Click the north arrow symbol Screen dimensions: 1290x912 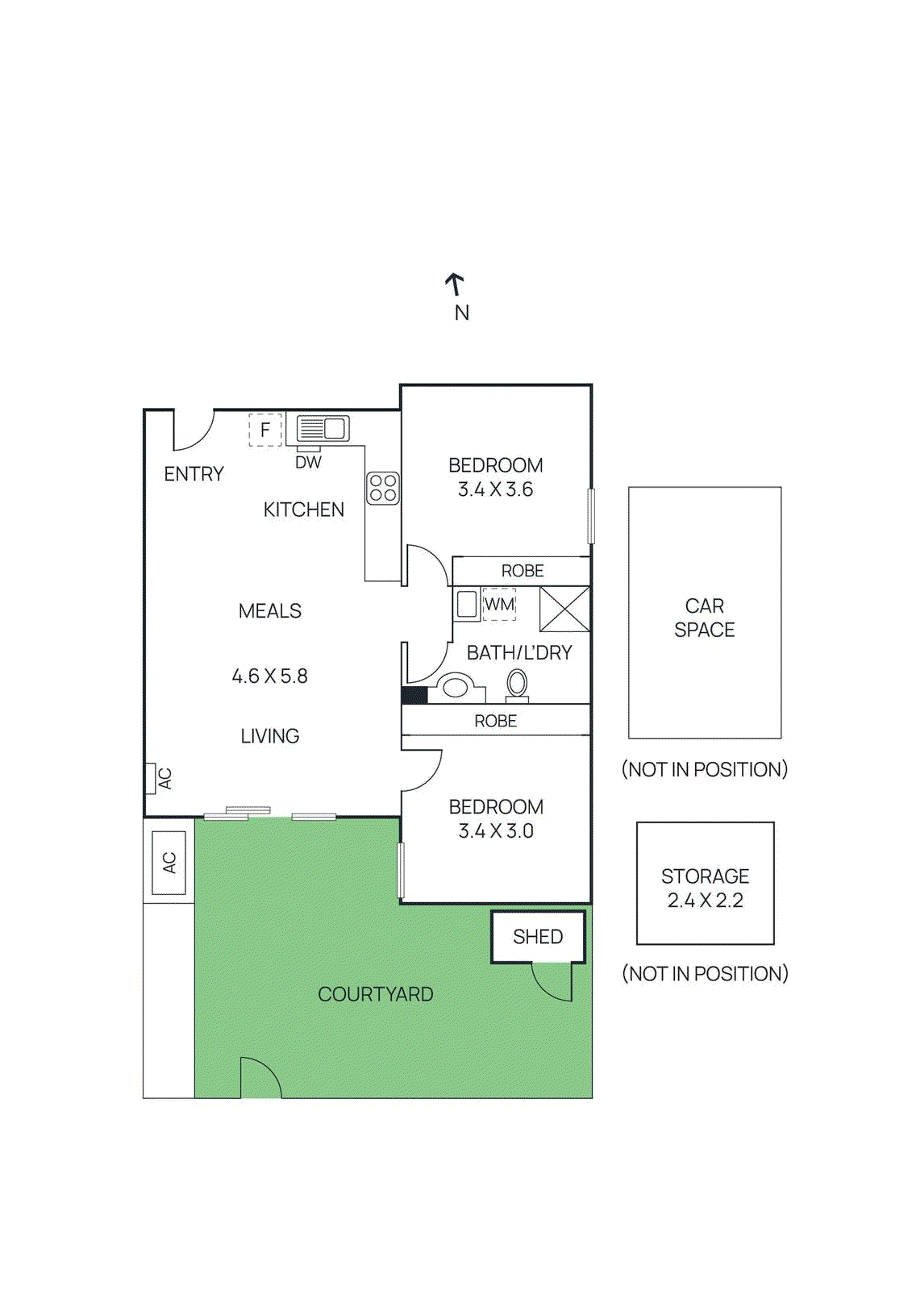click(x=456, y=285)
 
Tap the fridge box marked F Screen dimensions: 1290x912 click(x=264, y=430)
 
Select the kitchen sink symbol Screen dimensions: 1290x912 click(x=323, y=428)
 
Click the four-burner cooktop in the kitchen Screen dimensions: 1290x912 click(x=383, y=488)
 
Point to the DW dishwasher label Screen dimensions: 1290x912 click(x=308, y=463)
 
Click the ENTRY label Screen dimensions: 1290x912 click(x=194, y=474)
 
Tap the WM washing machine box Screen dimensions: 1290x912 click(x=499, y=604)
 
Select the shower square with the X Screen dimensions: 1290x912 click(x=564, y=609)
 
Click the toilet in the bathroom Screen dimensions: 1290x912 click(x=517, y=685)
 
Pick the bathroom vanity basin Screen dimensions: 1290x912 click(x=456, y=688)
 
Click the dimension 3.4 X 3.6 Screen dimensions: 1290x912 click(x=495, y=489)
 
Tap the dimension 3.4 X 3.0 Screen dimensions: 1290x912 click(x=496, y=831)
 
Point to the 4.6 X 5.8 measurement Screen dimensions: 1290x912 click(x=269, y=676)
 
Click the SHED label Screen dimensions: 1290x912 click(x=538, y=937)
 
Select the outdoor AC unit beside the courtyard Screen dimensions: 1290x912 click(x=169, y=863)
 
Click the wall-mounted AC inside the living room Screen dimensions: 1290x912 click(x=151, y=778)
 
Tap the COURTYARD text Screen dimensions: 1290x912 click(x=375, y=994)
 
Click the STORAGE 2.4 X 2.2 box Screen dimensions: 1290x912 click(x=705, y=884)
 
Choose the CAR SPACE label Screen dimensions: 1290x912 click(x=704, y=618)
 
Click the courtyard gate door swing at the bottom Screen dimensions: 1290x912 click(x=260, y=1078)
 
